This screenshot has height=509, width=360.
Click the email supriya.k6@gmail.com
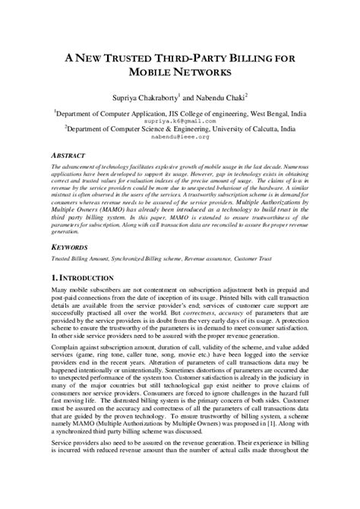coord(180,120)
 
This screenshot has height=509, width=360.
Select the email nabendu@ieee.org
coord(180,139)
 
